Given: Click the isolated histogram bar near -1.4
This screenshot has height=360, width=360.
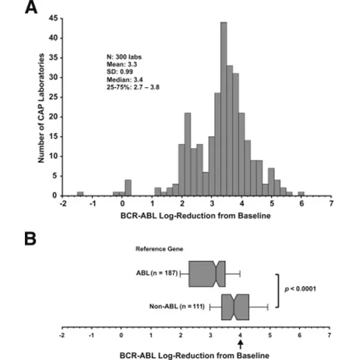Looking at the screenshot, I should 80,193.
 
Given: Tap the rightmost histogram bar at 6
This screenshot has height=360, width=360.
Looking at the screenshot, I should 301,193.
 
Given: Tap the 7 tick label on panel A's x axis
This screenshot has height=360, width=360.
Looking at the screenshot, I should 331,204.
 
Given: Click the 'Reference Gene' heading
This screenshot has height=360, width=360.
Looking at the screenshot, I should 155,249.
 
